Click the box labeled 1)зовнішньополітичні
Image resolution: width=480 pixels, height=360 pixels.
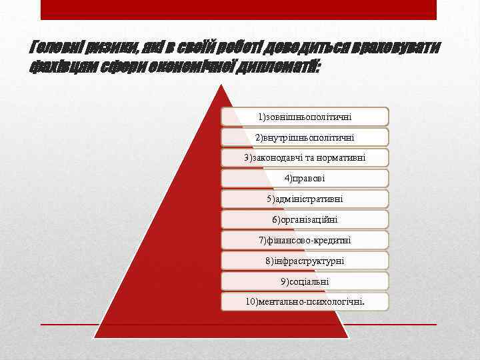(305, 117)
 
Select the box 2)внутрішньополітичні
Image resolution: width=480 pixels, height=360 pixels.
(305, 137)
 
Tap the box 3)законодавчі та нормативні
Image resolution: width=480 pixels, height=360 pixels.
(305, 158)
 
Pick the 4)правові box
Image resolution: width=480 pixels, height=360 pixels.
(305, 178)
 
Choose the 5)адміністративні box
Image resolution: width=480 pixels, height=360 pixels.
(305, 199)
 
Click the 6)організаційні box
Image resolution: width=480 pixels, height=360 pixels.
(305, 219)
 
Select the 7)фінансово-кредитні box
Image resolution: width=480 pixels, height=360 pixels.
(305, 240)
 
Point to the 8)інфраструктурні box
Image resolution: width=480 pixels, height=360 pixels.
(305, 261)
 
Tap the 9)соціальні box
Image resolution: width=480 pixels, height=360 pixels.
(305, 281)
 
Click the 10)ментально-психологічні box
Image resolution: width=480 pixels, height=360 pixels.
(305, 301)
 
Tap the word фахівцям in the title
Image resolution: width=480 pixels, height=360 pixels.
(63, 66)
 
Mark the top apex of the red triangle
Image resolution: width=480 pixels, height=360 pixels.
(222, 87)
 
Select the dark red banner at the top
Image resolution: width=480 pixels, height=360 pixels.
(239, 9)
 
